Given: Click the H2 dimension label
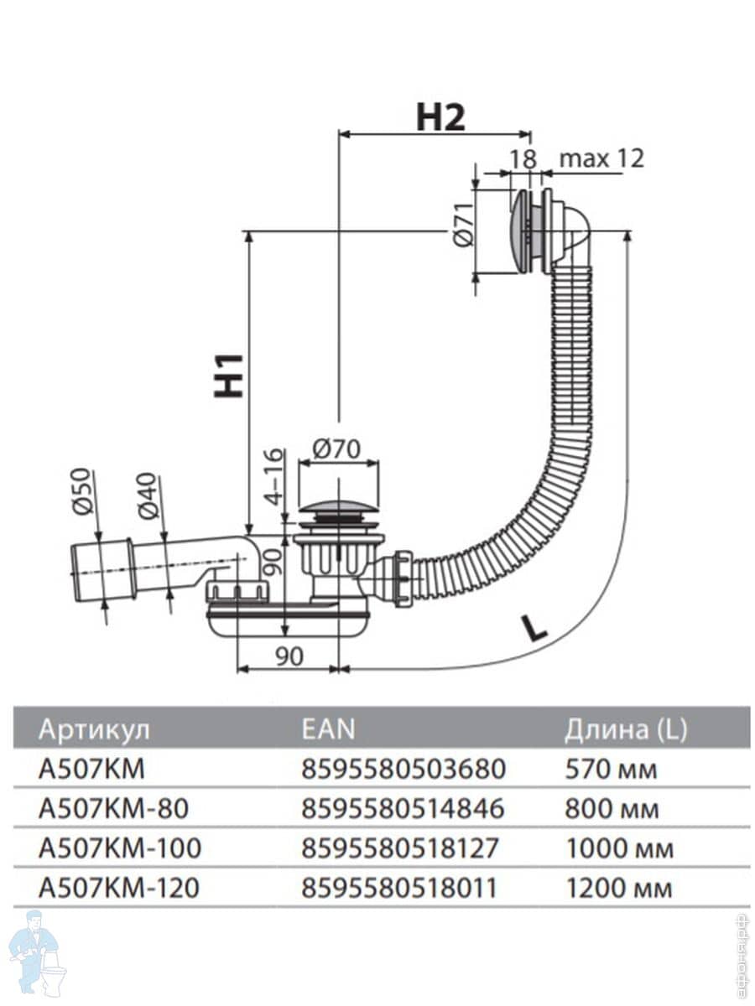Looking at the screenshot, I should (440, 118).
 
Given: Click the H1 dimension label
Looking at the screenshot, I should (229, 375).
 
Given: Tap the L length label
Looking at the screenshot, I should (533, 626).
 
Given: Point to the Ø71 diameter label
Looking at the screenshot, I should (463, 227).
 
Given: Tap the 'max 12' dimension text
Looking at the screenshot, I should (601, 158).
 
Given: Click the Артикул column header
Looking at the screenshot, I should (94, 729).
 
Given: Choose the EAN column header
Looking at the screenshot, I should (327, 729).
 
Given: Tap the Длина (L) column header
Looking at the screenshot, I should (625, 729).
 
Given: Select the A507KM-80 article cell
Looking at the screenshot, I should (113, 808).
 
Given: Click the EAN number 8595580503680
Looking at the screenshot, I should (403, 768).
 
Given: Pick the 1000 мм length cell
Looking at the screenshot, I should (620, 848).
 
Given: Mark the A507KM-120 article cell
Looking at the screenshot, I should (119, 888).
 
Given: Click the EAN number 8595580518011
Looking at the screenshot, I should (403, 888).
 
